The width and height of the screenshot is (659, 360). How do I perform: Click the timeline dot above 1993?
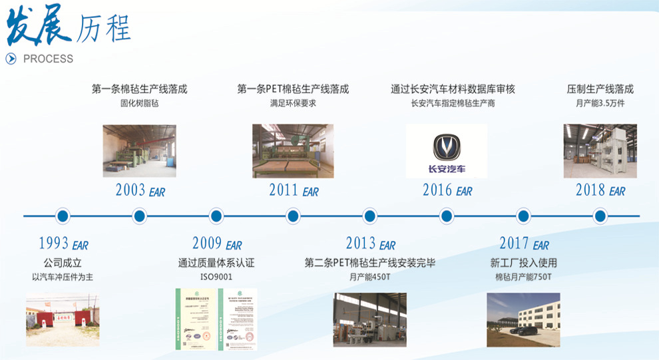(63, 216)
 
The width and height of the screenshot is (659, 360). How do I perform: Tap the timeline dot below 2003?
(139, 216)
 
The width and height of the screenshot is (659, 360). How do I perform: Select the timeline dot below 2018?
(600, 216)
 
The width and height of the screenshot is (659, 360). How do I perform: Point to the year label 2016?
(437, 190)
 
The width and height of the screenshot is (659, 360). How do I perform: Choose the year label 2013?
(360, 244)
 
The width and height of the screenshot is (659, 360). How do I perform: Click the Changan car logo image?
(446, 151)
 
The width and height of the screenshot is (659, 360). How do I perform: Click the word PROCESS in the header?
(48, 59)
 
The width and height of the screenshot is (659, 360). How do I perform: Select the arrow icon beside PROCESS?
(11, 59)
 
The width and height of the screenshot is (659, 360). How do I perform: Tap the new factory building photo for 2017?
(523, 319)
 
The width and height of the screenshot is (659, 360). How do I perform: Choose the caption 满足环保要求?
(293, 103)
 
